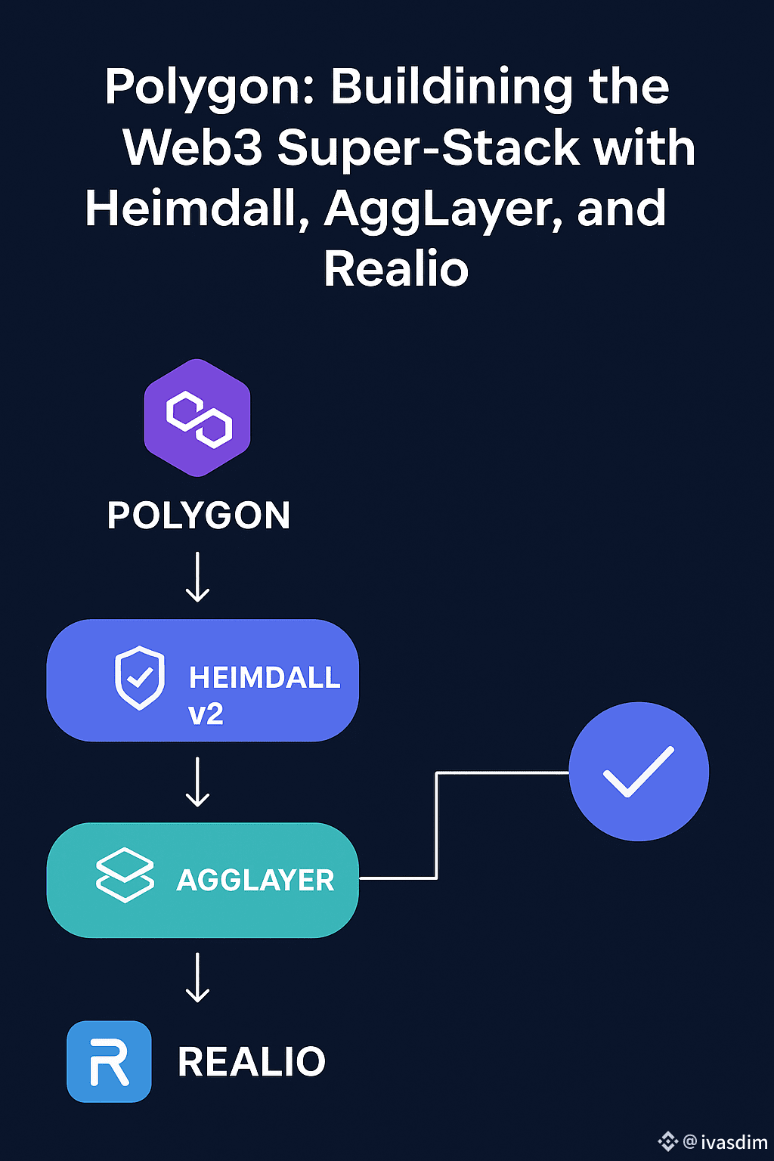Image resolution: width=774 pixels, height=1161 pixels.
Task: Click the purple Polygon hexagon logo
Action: (197, 417)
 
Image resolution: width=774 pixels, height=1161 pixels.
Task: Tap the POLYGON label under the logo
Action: (199, 516)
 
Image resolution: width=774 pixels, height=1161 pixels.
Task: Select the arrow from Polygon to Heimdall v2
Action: (198, 577)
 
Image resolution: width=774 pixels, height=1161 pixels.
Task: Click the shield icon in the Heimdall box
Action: (139, 678)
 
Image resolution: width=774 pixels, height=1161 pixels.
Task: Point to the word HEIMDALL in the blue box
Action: (265, 678)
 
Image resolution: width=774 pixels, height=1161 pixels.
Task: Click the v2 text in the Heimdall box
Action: (206, 714)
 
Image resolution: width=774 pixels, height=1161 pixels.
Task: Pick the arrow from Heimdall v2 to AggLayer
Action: (198, 782)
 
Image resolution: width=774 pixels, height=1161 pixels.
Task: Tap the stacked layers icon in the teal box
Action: (125, 875)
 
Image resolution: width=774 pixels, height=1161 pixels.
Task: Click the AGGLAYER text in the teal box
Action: (255, 881)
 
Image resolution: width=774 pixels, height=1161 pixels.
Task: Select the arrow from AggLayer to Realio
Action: (198, 977)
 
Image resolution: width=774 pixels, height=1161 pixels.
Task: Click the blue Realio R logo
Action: (109, 1061)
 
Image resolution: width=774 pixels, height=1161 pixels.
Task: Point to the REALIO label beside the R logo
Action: (252, 1062)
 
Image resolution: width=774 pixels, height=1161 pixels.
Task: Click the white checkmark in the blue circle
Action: (638, 772)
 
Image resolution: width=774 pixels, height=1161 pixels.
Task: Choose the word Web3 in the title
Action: (193, 147)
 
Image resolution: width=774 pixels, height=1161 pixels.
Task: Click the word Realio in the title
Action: (396, 269)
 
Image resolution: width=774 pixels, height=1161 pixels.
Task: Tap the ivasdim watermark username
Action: (734, 1141)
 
